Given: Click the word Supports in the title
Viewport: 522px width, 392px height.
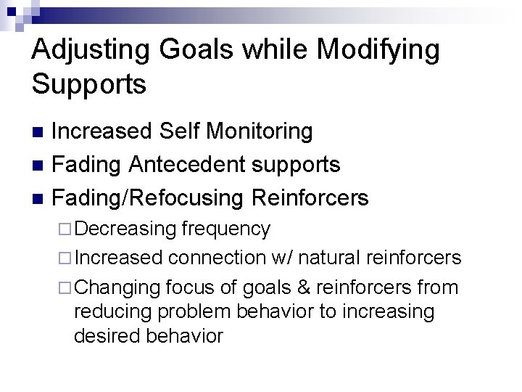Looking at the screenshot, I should [x=89, y=84].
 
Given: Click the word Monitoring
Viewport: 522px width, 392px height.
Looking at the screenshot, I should [x=260, y=131].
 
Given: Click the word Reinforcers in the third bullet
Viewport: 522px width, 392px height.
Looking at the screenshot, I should [x=310, y=197].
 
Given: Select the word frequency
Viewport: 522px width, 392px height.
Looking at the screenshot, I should [x=226, y=229].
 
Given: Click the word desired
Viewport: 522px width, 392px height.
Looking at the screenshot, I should [x=109, y=337].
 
